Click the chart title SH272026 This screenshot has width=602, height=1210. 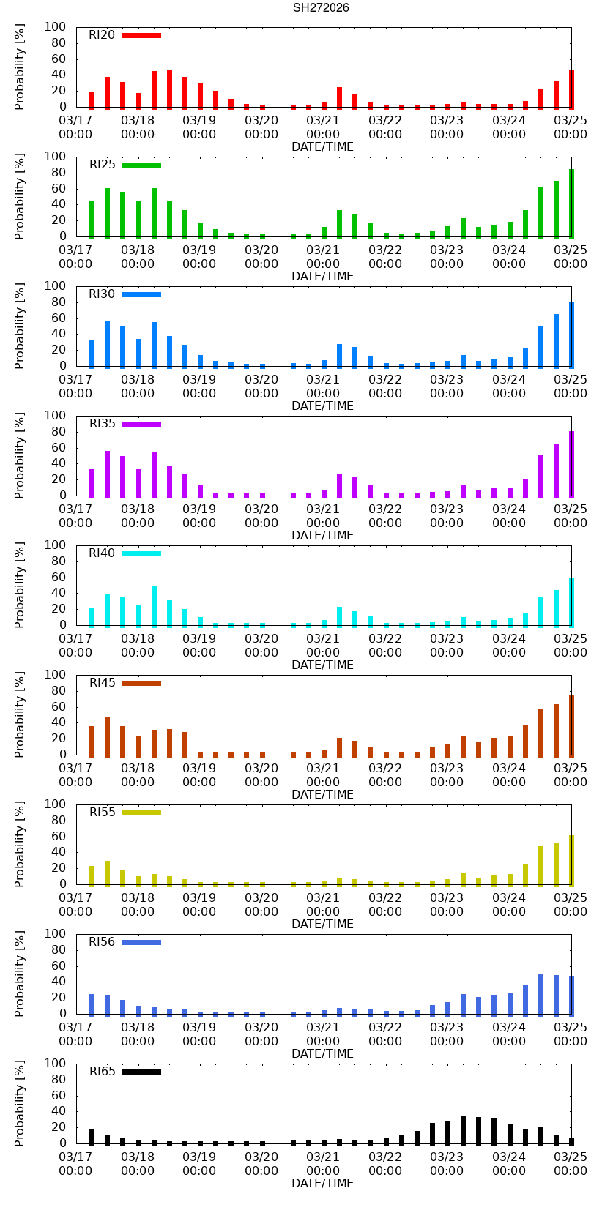point(321,8)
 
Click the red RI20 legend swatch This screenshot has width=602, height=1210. point(141,35)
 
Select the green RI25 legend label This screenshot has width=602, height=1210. point(102,165)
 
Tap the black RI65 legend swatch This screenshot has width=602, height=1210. point(141,1072)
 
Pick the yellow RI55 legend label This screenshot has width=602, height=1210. point(102,813)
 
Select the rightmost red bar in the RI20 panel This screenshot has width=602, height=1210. point(571,89)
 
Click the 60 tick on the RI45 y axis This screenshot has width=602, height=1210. point(59,706)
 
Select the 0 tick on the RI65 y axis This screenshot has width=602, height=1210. point(62,1143)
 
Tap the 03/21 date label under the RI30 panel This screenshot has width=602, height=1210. point(323,386)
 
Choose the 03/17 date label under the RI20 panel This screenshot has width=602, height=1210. point(75,127)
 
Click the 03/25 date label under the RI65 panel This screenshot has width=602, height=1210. point(571,1163)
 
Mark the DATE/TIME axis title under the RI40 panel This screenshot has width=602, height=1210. point(322,665)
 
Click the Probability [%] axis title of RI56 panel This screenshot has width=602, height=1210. point(20,974)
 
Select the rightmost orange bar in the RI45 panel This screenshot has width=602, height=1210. point(571,725)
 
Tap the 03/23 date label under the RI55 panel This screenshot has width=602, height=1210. point(447,904)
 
